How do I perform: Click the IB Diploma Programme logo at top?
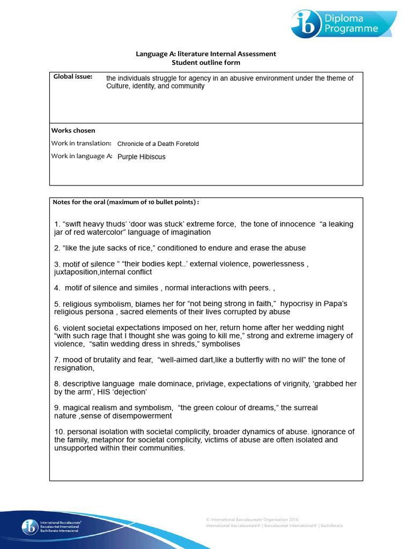pyautogui.click(x=343, y=24)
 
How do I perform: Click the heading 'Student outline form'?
pyautogui.click(x=205, y=63)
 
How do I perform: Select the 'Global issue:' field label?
pyautogui.click(x=73, y=77)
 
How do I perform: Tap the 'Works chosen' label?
pyautogui.click(x=73, y=130)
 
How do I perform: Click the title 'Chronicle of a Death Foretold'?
pyautogui.click(x=158, y=144)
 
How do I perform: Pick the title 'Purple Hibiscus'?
pyautogui.click(x=141, y=157)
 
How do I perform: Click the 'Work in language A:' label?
pyautogui.click(x=82, y=156)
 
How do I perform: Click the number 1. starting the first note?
pyautogui.click(x=57, y=224)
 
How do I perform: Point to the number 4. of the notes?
pyautogui.click(x=57, y=288)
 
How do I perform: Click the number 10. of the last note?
pyautogui.click(x=60, y=432)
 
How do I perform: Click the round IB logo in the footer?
pyautogui.click(x=30, y=527)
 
